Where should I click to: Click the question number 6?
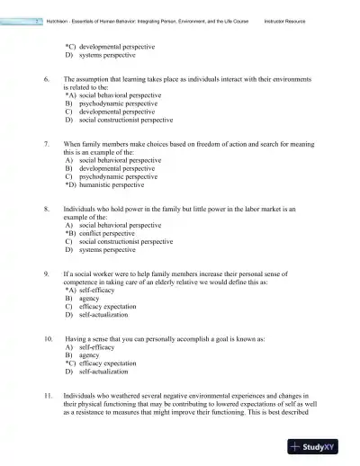(46, 80)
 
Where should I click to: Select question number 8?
(46, 209)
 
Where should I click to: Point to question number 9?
(46, 273)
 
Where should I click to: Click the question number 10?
(48, 337)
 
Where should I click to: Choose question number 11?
(48, 395)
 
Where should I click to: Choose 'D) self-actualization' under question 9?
(97, 315)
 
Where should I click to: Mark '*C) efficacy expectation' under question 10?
(103, 363)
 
